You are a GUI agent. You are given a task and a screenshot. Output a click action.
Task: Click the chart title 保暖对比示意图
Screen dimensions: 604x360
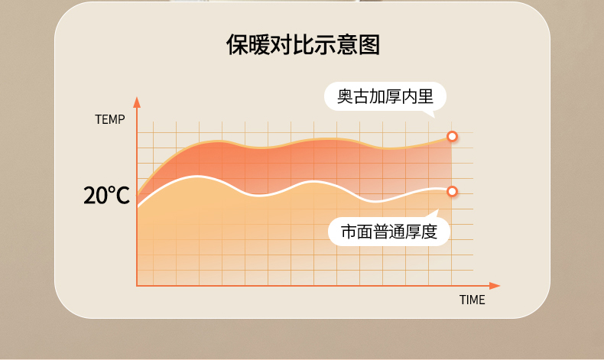tap(304, 44)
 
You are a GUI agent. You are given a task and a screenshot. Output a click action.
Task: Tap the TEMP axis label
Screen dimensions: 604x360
tap(110, 119)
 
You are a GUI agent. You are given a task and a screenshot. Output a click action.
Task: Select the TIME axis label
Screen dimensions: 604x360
tap(472, 300)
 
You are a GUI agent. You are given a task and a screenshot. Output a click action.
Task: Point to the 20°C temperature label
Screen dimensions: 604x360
tap(107, 195)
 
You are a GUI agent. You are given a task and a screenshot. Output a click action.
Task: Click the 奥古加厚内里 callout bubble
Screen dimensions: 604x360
tap(385, 96)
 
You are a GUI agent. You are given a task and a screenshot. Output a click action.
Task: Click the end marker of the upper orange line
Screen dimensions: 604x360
tap(452, 136)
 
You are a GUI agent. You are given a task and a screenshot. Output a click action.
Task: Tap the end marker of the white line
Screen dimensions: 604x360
tap(452, 191)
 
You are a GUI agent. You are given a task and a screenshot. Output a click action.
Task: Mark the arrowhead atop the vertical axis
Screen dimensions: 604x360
tap(137, 102)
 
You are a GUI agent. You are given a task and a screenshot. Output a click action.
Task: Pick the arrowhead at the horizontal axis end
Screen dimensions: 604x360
tap(495, 286)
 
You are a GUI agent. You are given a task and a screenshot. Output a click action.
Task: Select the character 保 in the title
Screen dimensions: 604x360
tap(237, 44)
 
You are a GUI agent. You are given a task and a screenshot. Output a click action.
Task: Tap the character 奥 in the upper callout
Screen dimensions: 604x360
tap(345, 96)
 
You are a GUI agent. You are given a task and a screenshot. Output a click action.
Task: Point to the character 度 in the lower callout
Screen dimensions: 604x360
tap(429, 232)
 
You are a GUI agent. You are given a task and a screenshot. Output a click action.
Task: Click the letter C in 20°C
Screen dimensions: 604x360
tap(122, 196)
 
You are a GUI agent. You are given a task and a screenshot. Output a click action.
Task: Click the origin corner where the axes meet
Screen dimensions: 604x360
tap(137, 286)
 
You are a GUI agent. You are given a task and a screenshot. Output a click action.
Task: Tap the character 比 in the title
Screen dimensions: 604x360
tap(304, 44)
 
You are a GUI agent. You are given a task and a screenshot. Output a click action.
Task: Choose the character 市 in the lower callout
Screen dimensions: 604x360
tap(349, 232)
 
